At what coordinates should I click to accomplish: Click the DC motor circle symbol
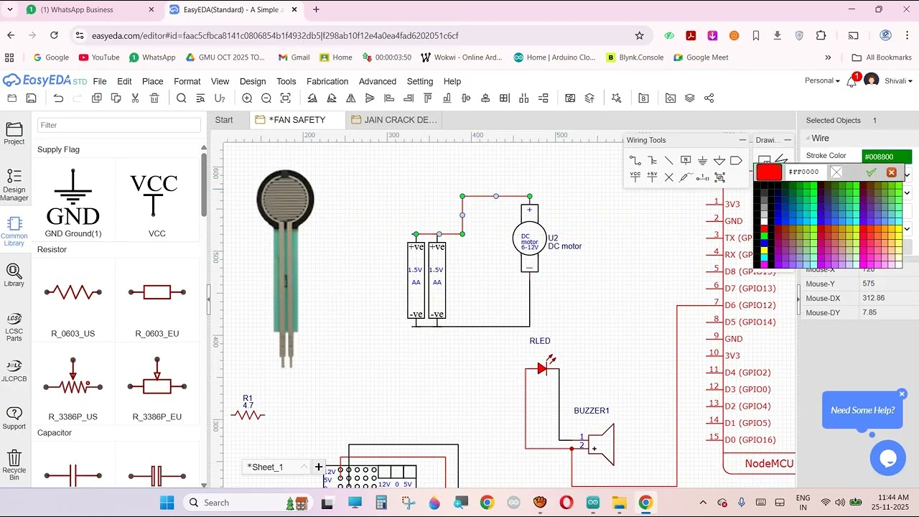point(529,238)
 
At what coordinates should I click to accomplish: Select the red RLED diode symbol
point(543,368)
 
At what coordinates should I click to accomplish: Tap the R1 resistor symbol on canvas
point(248,414)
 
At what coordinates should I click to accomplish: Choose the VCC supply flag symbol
point(154,194)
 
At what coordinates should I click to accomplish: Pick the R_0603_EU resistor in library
point(157,292)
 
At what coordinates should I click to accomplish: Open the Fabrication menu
point(327,81)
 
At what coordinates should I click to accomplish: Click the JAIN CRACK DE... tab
point(400,120)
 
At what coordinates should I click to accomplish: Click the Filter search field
point(119,125)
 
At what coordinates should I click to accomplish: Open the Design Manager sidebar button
point(14,185)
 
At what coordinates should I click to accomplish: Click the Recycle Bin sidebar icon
point(14,463)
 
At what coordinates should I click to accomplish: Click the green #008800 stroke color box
point(887,156)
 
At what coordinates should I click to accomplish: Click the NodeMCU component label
point(769,463)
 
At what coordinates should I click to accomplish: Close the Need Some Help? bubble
point(902,393)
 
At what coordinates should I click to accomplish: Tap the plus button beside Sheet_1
point(319,467)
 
